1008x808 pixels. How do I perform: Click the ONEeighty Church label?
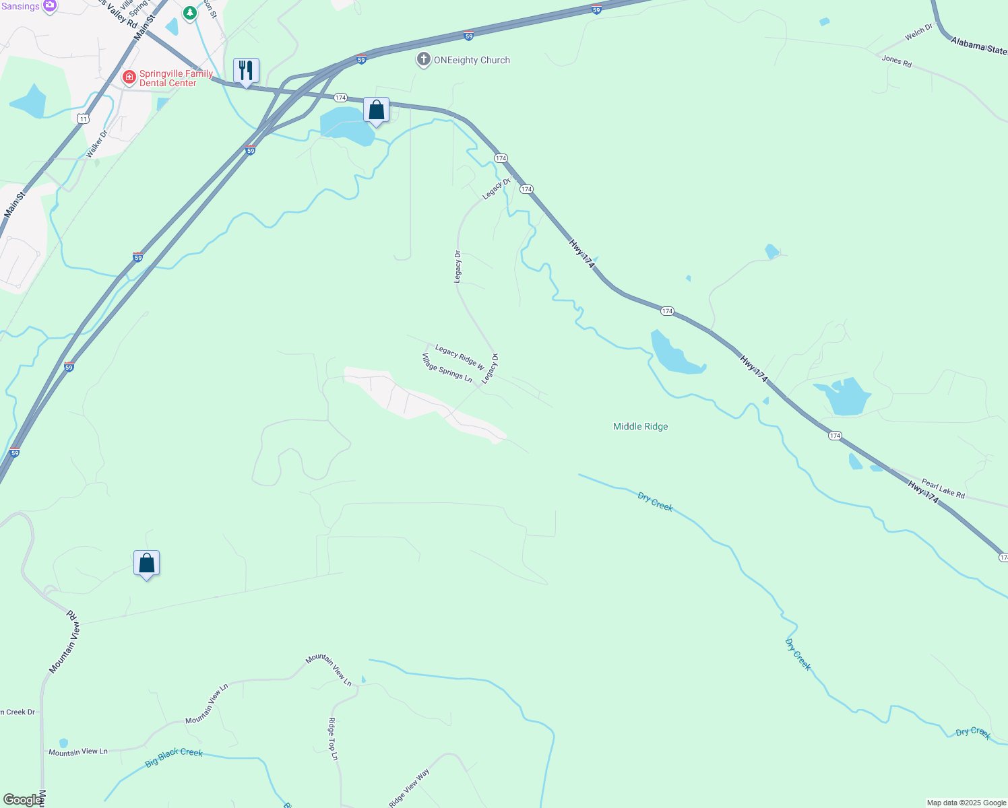[x=472, y=61]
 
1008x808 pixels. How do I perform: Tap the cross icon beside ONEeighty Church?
[x=424, y=60]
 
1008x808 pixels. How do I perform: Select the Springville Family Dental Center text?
[x=176, y=79]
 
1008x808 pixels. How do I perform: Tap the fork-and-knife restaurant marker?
[x=246, y=71]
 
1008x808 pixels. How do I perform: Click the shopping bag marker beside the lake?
[x=377, y=110]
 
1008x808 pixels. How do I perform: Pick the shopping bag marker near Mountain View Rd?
[x=147, y=564]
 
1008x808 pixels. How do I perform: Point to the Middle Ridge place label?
[x=640, y=426]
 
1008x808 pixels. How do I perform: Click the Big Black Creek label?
[x=174, y=757]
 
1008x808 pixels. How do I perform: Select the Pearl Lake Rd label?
[x=943, y=489]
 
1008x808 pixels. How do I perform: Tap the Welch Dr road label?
[x=919, y=32]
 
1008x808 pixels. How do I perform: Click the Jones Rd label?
[x=897, y=61]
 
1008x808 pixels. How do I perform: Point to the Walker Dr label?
[x=97, y=144]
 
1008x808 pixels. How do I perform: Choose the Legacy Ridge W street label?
[x=460, y=357]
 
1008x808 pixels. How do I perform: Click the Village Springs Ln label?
[x=447, y=368]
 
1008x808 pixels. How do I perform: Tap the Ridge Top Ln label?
[x=333, y=739]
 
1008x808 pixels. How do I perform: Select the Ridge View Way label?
[x=409, y=788]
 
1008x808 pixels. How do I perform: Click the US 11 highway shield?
[x=82, y=119]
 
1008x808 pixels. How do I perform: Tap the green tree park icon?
[x=191, y=12]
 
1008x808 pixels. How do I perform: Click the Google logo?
[x=22, y=800]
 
